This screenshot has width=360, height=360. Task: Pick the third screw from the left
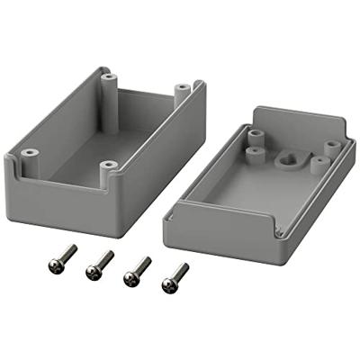coord(136,269)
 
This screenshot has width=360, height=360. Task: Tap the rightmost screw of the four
coord(175,276)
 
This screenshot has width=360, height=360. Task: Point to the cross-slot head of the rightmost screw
coord(168,283)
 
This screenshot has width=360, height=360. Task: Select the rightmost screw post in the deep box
coord(182,93)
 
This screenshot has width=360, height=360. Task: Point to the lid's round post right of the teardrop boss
coord(318,164)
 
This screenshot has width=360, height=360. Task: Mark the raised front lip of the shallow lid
coord(225,225)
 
